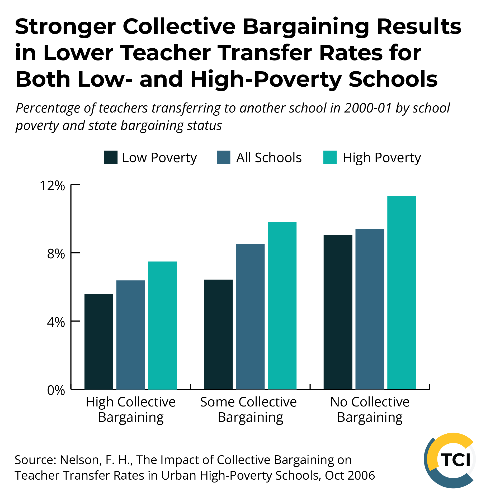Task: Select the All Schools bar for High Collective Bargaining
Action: (x=131, y=335)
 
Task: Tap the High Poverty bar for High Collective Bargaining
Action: (x=162, y=325)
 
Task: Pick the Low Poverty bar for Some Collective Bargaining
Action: (x=218, y=334)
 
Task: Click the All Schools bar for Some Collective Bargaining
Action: (x=250, y=317)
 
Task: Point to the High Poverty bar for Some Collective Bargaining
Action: (x=282, y=306)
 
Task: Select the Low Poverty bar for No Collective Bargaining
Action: (x=338, y=312)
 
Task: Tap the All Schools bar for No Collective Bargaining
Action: (x=370, y=309)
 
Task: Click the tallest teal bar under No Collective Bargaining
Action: (x=402, y=292)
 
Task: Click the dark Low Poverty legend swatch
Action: (x=111, y=157)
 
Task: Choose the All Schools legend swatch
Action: (x=223, y=157)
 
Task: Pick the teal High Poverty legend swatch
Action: (x=330, y=157)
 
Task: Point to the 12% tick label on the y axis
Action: (x=52, y=186)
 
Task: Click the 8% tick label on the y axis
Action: (x=56, y=254)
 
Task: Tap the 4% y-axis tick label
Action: (x=56, y=322)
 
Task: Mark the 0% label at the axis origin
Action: (x=56, y=390)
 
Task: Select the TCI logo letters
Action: (x=455, y=460)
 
